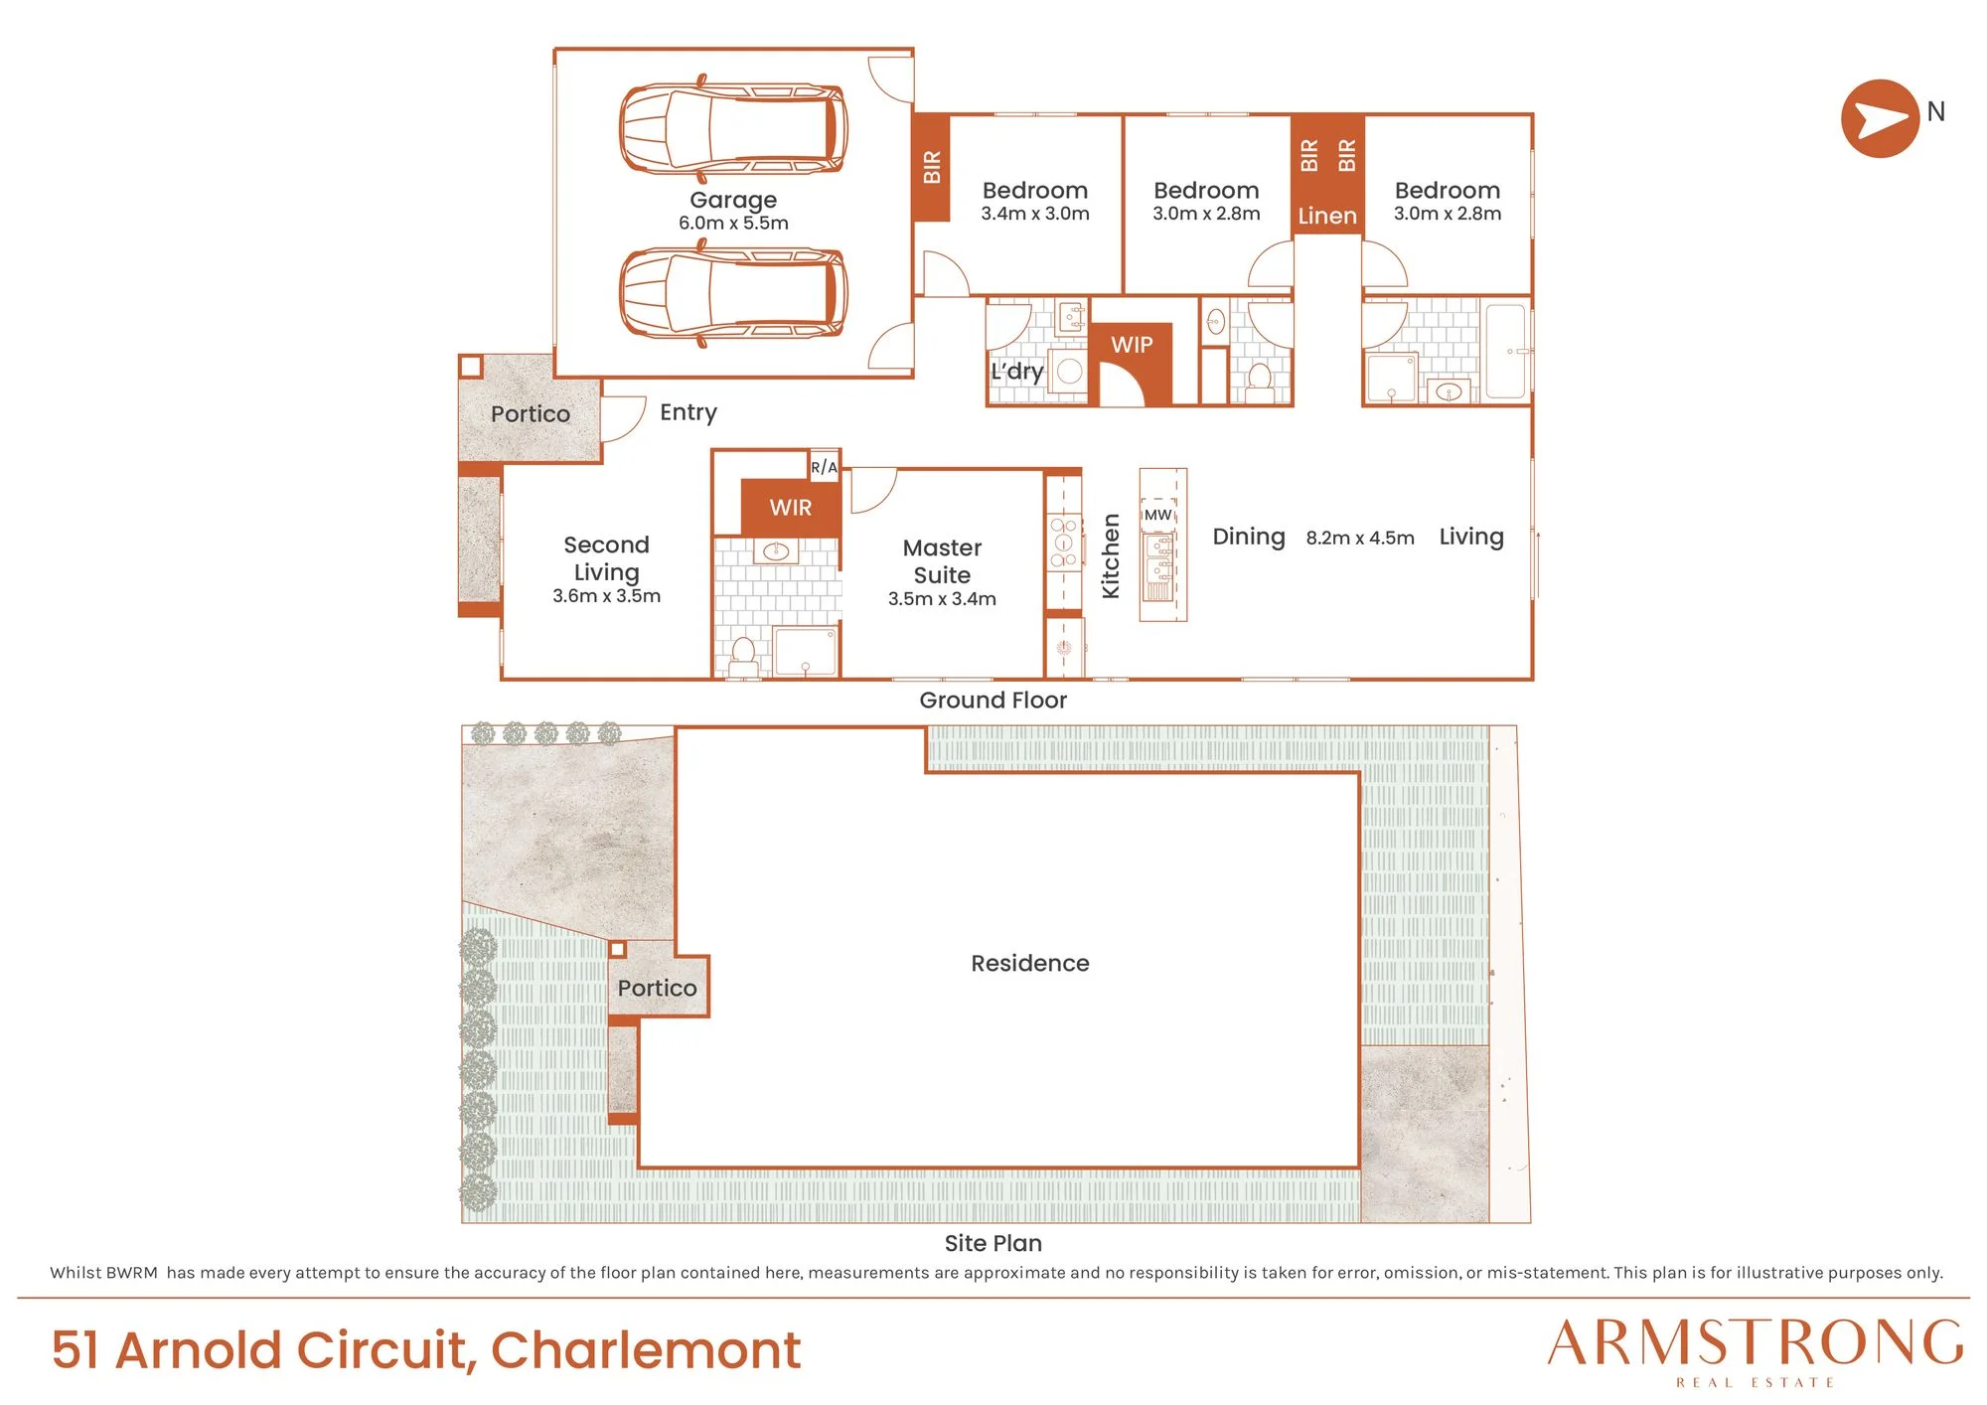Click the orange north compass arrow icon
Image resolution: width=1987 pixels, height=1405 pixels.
point(1880,118)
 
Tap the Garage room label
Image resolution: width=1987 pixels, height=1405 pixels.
point(733,200)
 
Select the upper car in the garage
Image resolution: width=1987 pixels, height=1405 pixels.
point(733,128)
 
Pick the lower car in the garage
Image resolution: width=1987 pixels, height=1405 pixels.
point(733,293)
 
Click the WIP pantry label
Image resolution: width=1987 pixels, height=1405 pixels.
point(1132,345)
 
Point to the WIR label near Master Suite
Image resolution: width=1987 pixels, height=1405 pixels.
point(791,508)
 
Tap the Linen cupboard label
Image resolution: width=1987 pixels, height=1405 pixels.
point(1327,216)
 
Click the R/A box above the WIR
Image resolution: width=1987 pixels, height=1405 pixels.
point(824,467)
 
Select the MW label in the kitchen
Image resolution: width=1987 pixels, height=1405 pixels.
point(1158,515)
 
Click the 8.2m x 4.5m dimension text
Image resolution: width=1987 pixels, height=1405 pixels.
point(1360,538)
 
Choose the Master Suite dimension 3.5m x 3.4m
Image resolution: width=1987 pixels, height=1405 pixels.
point(942,599)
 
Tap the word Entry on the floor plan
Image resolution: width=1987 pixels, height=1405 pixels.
point(688,412)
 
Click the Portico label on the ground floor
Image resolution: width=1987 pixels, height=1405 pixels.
point(531,414)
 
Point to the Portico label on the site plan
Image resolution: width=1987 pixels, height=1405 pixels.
point(657,988)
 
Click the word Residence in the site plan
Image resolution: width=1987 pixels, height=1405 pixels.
point(1030,963)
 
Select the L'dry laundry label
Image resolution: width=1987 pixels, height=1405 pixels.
point(1017,372)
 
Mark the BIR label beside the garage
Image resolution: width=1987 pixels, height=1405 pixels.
point(932,167)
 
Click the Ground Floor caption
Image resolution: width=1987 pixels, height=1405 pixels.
point(993,701)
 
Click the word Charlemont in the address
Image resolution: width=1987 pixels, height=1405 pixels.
point(646,1350)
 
